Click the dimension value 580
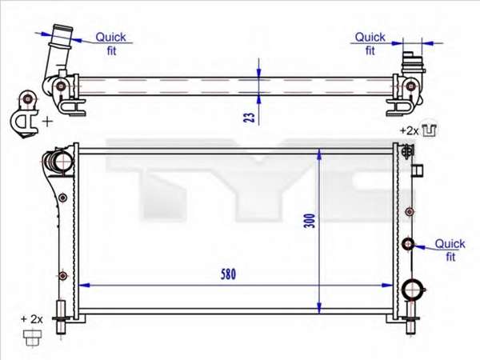click(228, 274)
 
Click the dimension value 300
click(310, 221)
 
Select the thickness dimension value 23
click(249, 118)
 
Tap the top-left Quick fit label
click(111, 44)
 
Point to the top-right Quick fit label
click(370, 44)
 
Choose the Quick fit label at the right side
click(450, 250)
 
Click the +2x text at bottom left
click(31, 319)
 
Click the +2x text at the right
click(409, 131)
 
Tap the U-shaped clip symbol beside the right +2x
click(430, 130)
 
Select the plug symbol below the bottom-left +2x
click(32, 338)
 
